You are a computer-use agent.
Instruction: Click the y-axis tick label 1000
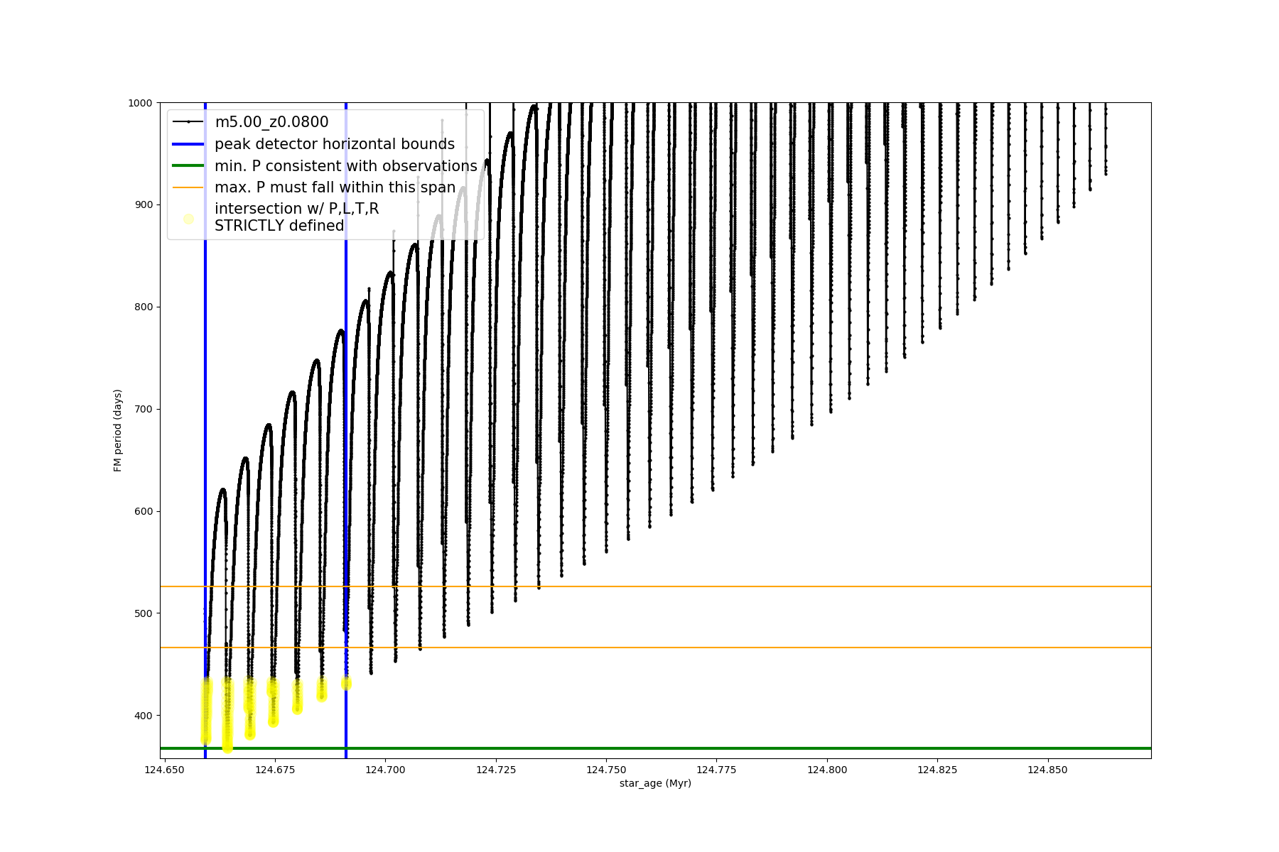[140, 103]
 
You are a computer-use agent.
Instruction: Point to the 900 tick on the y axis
[143, 205]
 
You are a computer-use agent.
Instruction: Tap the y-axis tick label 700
[143, 410]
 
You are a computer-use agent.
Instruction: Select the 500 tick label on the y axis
[143, 613]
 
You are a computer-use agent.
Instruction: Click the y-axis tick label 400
[143, 716]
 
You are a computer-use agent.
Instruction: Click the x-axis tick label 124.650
[165, 770]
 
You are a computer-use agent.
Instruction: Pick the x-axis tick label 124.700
[386, 770]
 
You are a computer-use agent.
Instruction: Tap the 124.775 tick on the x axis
[716, 770]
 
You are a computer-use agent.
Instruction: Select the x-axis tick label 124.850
[1047, 770]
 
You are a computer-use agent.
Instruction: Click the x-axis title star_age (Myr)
[655, 783]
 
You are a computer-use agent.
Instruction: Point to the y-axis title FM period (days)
[118, 430]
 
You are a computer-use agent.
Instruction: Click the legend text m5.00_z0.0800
[271, 122]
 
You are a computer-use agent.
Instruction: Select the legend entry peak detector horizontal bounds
[335, 144]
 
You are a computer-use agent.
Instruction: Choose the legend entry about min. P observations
[346, 166]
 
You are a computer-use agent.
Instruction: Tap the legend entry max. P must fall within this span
[335, 187]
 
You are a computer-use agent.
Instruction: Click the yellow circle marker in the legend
[188, 219]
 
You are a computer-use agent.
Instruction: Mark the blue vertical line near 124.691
[346, 497]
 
